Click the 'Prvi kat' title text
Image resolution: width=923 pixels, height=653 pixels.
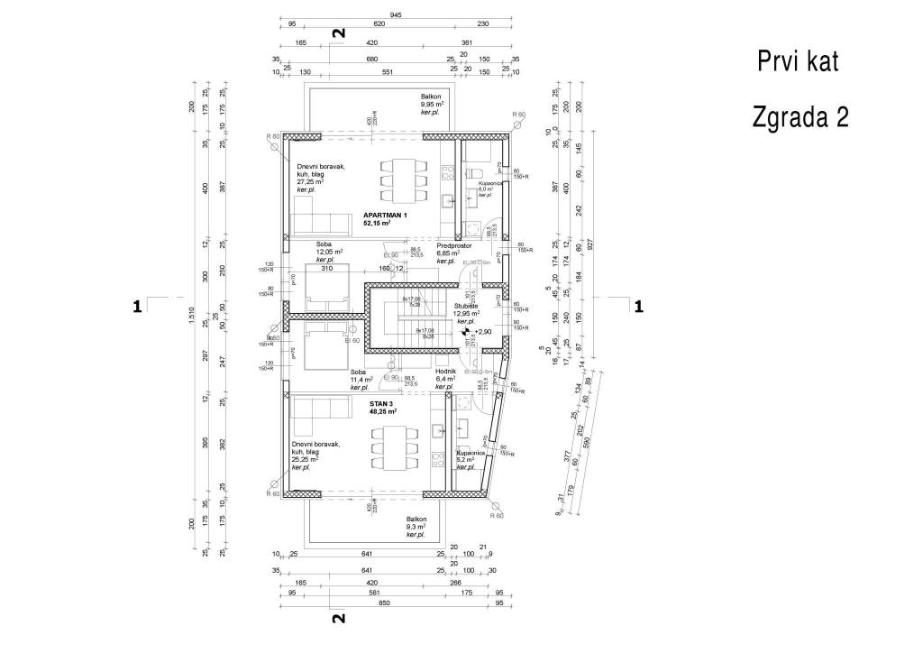click(798, 62)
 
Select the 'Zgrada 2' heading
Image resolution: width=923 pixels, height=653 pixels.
click(800, 118)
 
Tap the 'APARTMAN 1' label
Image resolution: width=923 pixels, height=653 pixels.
click(386, 215)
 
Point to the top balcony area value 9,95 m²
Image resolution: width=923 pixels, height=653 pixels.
click(435, 106)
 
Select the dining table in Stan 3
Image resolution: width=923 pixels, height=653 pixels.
click(395, 448)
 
